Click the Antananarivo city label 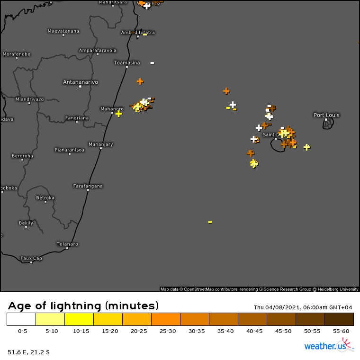coord(81,82)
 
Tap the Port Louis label coord(326,115)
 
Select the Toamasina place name coord(127,63)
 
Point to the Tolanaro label coord(67,244)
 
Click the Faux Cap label coord(31,258)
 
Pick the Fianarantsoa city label coord(70,150)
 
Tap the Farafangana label coord(88,186)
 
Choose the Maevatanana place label coord(63,31)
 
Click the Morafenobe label coord(17,54)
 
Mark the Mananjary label coord(101,144)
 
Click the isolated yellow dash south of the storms coord(210,222)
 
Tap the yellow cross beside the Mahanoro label coord(118,114)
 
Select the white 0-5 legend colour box coord(21,319)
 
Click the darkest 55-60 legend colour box coord(339,319)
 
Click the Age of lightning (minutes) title coord(83,306)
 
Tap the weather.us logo coord(328,346)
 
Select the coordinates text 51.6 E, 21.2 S coord(28,352)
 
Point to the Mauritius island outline coord(328,124)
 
